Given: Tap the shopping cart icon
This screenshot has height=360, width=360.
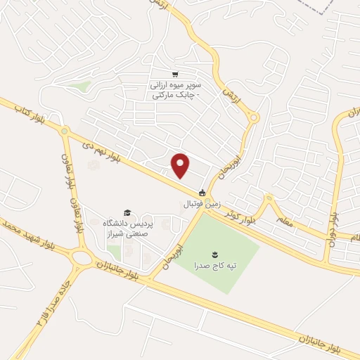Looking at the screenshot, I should [x=174, y=74].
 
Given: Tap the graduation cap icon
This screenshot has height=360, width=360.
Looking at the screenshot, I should [x=127, y=212].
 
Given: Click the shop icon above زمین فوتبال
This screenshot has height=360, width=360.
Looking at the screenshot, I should [x=202, y=193].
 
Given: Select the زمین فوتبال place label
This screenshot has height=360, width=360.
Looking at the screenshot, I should [x=202, y=204].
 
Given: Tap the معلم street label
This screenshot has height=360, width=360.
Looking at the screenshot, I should [x=284, y=221].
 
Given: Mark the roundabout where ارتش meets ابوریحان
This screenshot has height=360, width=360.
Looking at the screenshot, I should [x=252, y=117].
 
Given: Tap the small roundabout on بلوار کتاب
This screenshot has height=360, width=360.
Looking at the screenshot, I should [x=64, y=131].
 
